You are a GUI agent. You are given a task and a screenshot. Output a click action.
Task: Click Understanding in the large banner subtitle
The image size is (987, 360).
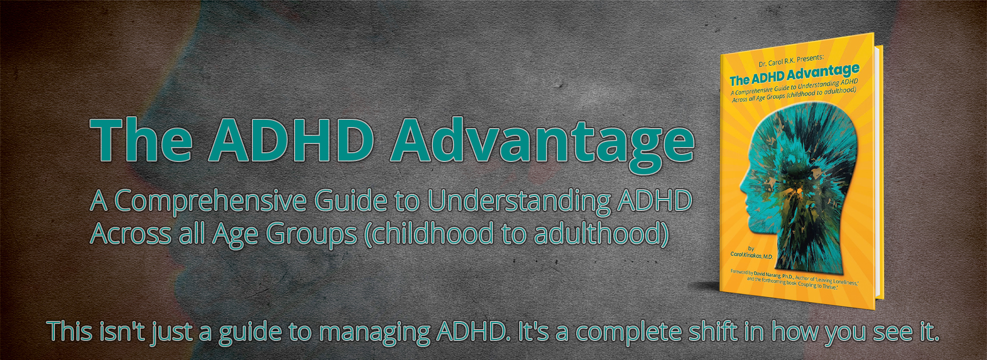click(x=519, y=201)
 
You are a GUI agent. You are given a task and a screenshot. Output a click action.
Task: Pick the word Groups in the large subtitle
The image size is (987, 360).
click(x=311, y=235)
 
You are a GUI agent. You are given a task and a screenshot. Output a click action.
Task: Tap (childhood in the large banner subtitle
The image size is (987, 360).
click(x=429, y=234)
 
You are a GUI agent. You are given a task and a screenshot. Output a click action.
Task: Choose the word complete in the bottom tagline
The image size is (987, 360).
click(x=630, y=333)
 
